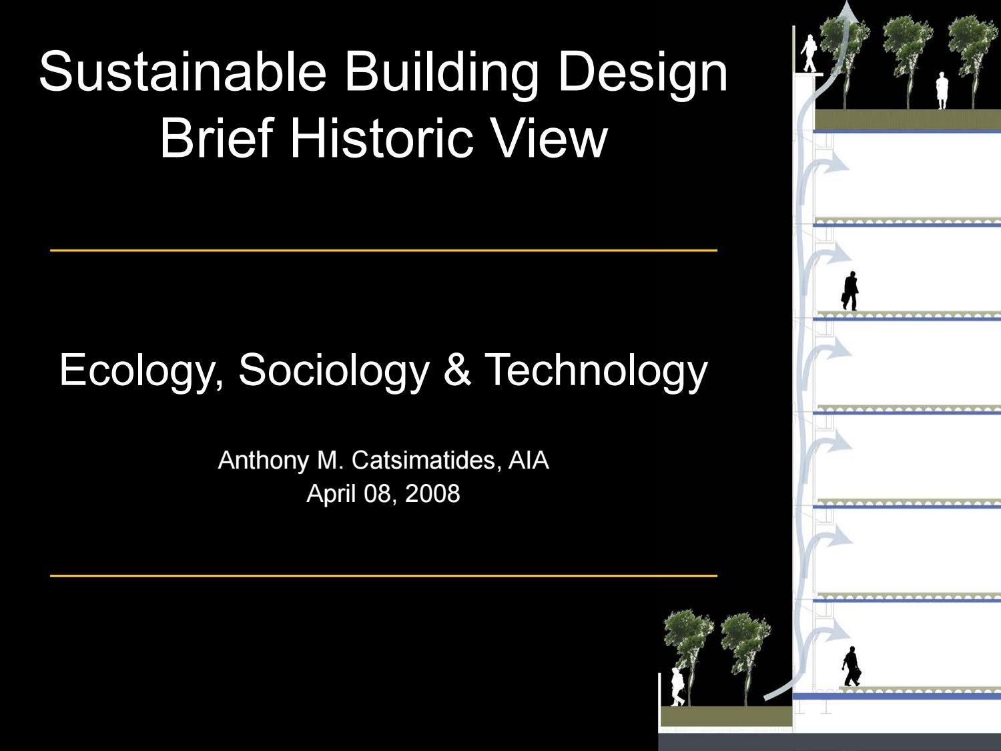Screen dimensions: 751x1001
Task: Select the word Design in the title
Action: click(x=642, y=71)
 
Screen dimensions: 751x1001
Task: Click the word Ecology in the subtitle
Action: click(x=140, y=370)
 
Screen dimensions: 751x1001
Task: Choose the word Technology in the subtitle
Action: click(x=596, y=370)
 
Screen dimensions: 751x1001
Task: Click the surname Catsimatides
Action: click(x=424, y=460)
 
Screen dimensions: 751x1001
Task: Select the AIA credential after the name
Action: click(x=529, y=460)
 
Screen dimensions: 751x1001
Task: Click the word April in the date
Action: click(x=330, y=493)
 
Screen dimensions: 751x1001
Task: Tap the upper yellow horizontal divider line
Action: click(x=384, y=250)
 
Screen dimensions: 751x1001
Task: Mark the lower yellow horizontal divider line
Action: click(x=384, y=575)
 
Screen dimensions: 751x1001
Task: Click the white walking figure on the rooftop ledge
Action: click(x=809, y=53)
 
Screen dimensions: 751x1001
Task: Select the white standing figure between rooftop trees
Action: click(x=942, y=91)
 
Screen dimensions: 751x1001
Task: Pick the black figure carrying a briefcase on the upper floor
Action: click(x=850, y=291)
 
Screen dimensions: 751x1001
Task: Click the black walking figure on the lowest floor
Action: click(x=851, y=666)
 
